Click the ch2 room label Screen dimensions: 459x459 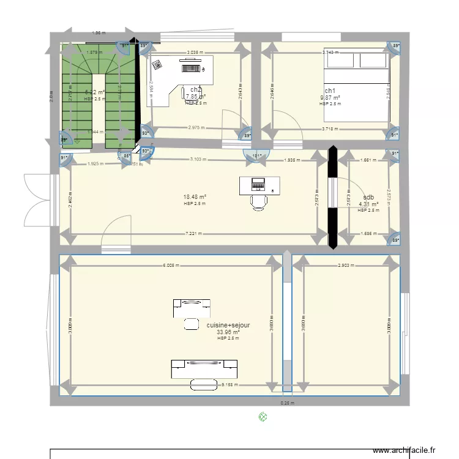(x=196, y=90)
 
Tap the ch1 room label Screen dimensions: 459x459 (x=330, y=90)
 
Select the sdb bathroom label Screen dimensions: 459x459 (x=368, y=197)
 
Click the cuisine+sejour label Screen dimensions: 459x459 (x=228, y=326)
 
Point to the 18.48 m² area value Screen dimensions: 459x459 (x=195, y=197)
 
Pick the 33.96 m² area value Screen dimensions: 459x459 (x=228, y=332)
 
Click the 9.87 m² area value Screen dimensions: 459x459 (x=330, y=97)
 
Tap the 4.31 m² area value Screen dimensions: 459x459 (x=368, y=204)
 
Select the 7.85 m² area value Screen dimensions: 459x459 (x=195, y=97)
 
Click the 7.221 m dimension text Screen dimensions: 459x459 (x=195, y=233)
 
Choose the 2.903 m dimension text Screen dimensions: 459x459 (x=346, y=266)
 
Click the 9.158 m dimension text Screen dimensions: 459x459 (x=229, y=385)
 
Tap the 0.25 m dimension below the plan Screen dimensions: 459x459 (x=287, y=403)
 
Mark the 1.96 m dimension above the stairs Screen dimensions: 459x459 (x=98, y=33)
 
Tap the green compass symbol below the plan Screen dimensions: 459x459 (x=263, y=417)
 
